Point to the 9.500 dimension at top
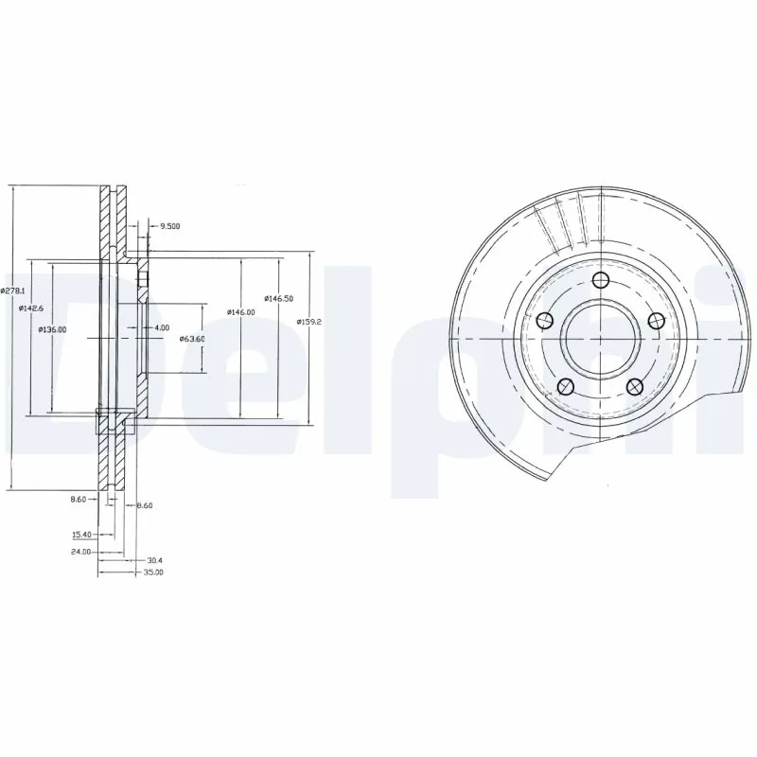[170, 226]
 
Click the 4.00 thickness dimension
[162, 327]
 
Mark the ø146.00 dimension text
[241, 312]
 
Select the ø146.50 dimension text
[277, 298]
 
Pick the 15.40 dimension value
[81, 534]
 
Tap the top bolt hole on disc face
[600, 279]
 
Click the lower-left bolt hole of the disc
[565, 385]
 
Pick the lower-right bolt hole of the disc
[635, 385]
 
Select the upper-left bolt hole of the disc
[544, 321]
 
